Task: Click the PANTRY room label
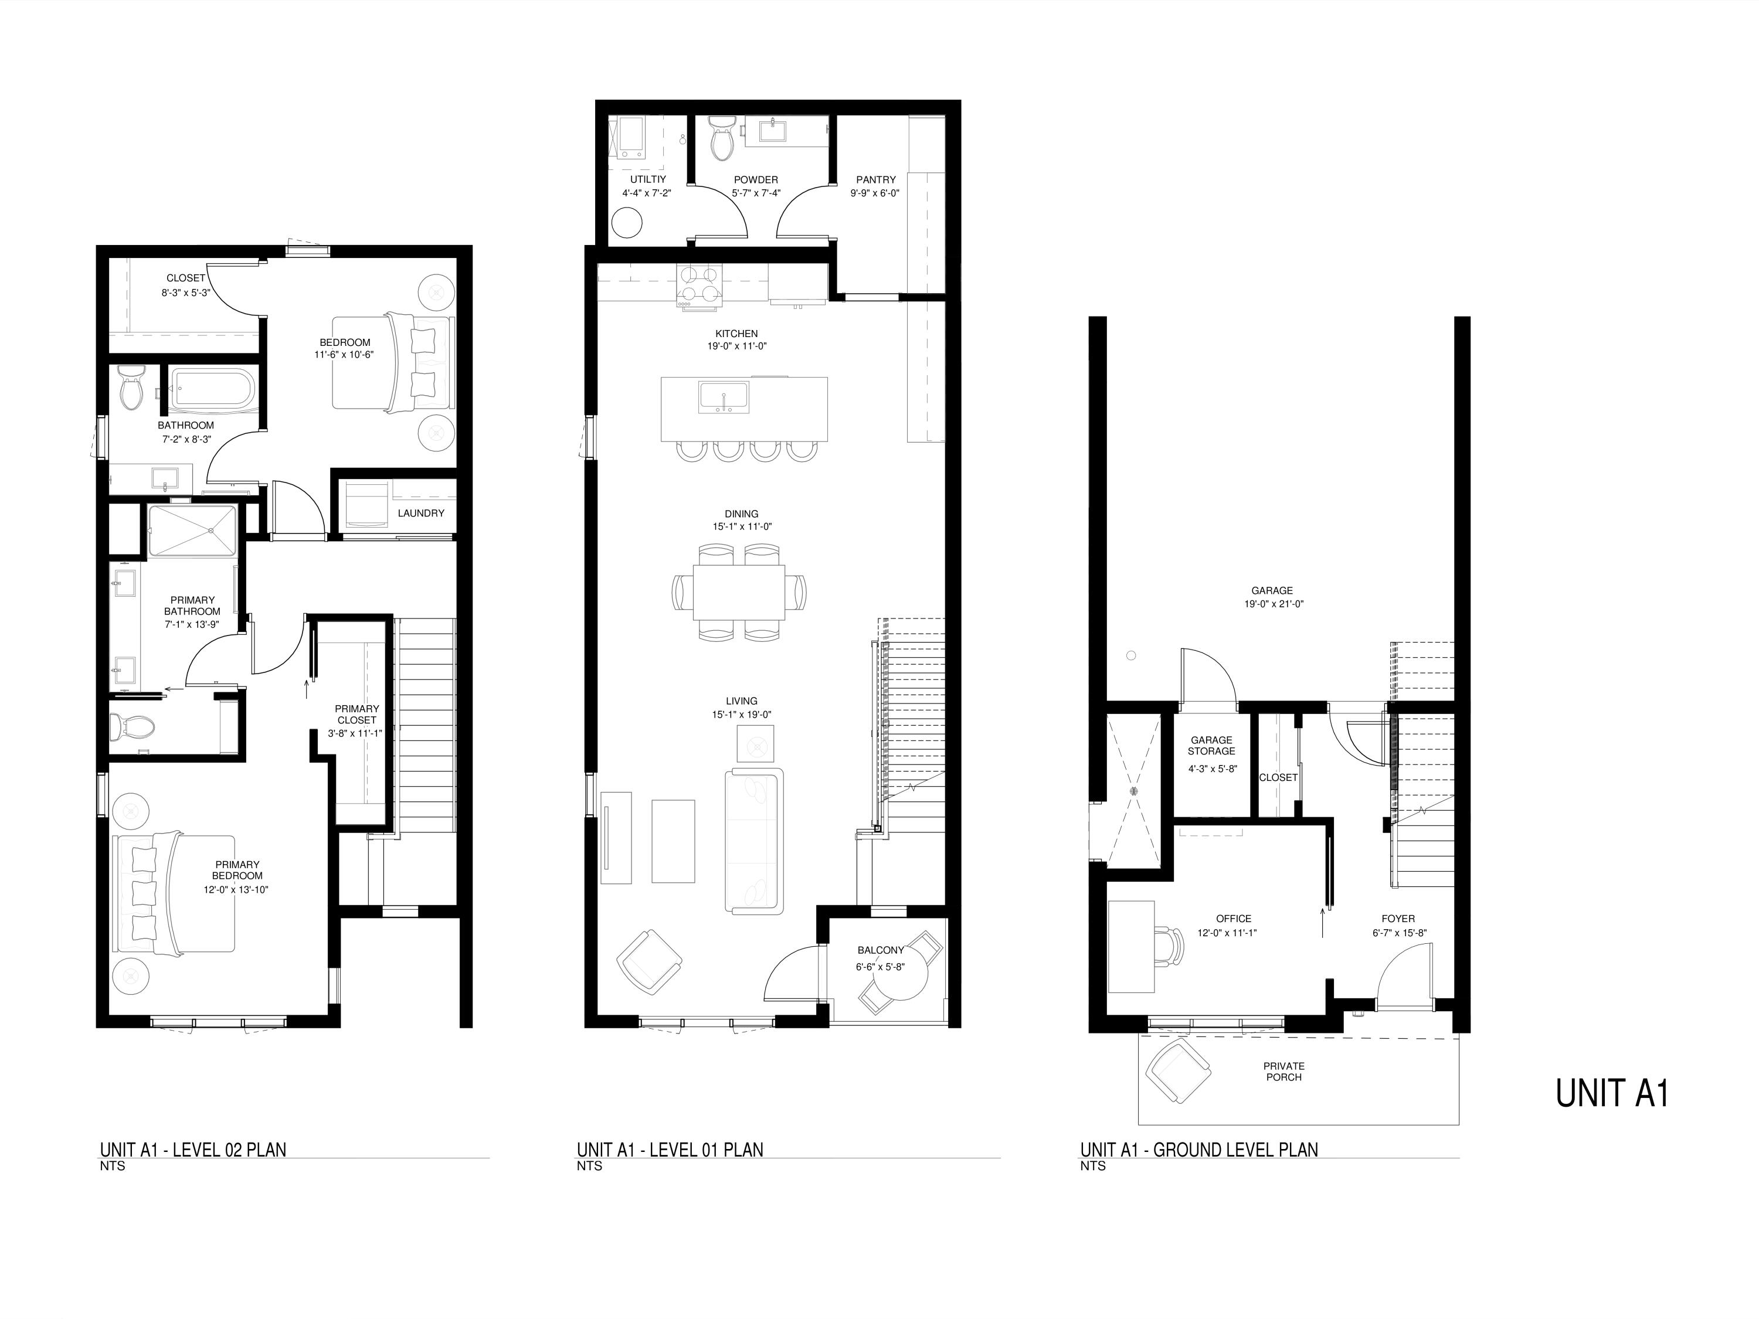pos(875,180)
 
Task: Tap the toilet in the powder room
pos(722,138)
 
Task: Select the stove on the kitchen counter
pos(699,285)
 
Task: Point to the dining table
pos(739,591)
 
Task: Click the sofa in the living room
pos(753,841)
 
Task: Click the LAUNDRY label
pos(420,514)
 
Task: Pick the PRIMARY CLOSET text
pos(356,715)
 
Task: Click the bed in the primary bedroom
pos(175,893)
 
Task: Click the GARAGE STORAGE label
pos(1211,746)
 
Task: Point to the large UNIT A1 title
pos(1612,1093)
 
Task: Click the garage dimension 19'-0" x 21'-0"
pos(1272,604)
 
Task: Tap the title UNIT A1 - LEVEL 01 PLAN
pos(670,1150)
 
